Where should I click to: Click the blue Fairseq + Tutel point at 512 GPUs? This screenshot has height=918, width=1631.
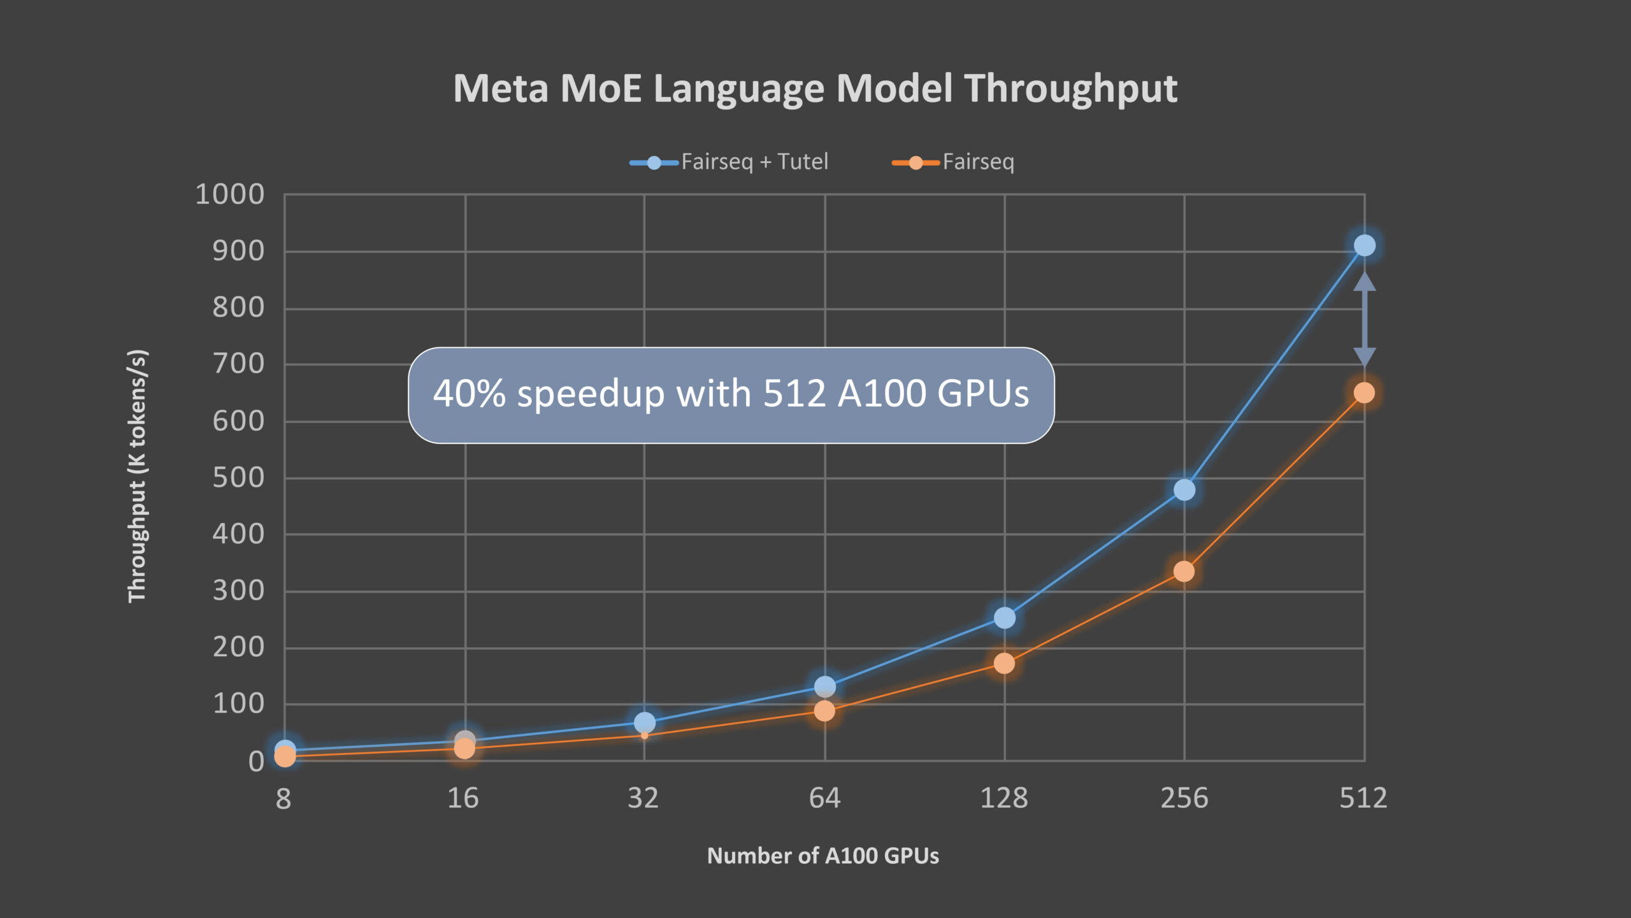pos(1364,245)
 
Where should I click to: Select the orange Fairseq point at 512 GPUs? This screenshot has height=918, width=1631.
pos(1363,393)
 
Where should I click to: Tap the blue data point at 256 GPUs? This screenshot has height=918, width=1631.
pos(1184,490)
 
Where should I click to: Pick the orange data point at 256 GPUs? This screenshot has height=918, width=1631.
pos(1184,571)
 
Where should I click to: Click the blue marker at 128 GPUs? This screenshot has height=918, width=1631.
pos(1004,617)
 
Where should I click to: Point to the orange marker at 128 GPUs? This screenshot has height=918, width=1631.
pos(1004,664)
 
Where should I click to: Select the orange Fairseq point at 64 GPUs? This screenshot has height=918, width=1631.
pos(824,711)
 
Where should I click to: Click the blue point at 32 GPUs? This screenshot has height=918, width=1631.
pos(644,722)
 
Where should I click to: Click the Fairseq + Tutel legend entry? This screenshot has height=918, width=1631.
pos(729,162)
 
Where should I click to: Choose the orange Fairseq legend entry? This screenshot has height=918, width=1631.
pos(953,162)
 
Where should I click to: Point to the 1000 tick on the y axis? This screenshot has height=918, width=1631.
pos(229,194)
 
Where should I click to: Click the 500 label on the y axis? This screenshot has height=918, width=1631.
pos(238,478)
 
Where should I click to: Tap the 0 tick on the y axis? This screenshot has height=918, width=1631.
pos(256,761)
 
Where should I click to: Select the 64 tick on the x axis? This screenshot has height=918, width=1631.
pos(824,798)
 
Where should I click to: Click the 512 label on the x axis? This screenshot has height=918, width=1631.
pos(1363,798)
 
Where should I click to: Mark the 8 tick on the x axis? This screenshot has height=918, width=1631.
pos(284,799)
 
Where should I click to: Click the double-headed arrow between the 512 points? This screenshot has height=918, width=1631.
pos(1364,319)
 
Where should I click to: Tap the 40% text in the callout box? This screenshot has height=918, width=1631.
pos(470,394)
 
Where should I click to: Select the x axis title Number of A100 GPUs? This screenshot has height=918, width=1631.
pos(823,856)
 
